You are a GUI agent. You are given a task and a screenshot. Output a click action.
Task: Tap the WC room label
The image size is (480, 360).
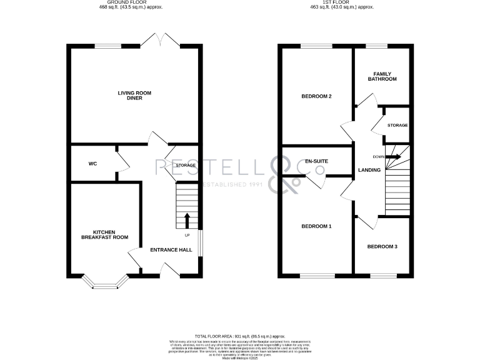pos(92,164)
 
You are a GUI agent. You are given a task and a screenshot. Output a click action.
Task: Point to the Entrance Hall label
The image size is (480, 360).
pos(171,250)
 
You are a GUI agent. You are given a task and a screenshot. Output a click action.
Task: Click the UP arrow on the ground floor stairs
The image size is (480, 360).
pos(186,221)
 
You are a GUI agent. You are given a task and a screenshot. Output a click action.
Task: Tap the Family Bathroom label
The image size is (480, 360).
pos(381,76)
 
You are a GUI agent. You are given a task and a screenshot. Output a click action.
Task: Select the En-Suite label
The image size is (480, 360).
pos(317,162)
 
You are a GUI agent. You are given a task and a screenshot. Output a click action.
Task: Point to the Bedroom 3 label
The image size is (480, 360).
pos(382,246)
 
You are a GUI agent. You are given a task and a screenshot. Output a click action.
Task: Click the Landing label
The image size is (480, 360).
pos(369,169)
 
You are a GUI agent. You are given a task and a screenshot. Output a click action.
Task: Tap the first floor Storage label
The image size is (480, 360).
pos(397,126)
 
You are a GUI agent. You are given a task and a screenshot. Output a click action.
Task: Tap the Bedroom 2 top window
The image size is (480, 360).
pos(316,46)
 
